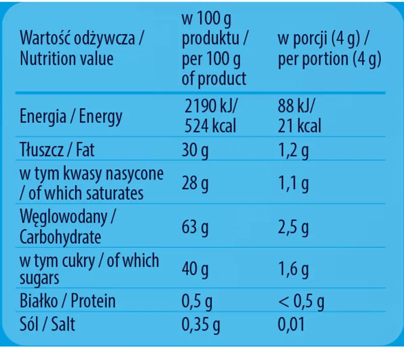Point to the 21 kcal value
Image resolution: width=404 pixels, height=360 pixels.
coord(299,125)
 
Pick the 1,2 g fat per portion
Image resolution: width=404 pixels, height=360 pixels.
coord(293,150)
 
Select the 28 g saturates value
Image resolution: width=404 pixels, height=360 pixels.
coord(195,184)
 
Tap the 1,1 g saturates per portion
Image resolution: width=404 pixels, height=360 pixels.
coord(293,184)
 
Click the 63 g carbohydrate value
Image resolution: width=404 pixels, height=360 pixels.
coord(195,228)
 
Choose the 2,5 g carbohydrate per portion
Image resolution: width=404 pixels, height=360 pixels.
coord(293,228)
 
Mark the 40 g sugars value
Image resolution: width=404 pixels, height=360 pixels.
coord(195,270)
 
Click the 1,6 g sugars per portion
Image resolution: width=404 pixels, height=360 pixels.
coord(293,270)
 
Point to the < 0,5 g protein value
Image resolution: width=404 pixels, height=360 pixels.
coord(301,301)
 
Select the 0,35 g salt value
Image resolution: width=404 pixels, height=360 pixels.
coord(200,324)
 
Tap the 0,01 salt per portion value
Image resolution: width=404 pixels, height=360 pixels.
coord(291,324)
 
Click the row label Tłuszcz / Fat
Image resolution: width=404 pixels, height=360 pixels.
coord(57,150)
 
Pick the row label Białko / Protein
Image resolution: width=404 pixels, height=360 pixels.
coord(68,301)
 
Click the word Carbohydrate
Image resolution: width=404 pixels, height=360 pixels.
coord(60,237)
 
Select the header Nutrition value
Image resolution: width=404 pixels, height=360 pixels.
coord(67,59)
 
